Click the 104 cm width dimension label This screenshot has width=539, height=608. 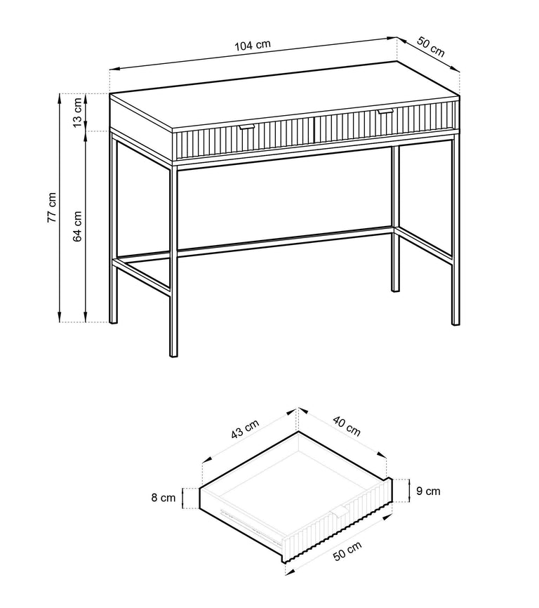coord(252,45)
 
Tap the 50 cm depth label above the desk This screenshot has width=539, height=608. coord(430,46)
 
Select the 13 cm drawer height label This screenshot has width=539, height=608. coord(77,112)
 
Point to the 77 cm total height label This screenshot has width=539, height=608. coord(52,207)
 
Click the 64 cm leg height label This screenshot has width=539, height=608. coord(77,227)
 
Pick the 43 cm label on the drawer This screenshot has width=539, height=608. coord(245,429)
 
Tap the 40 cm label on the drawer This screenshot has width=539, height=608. coord(347,426)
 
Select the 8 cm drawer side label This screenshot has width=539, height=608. coord(163,498)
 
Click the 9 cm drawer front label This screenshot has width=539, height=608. coord(428,491)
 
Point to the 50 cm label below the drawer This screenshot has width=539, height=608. coord(347,551)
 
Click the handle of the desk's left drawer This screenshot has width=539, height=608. coord(246,127)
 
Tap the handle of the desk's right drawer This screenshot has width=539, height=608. coord(385,112)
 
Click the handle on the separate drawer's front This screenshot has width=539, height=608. coord(340,512)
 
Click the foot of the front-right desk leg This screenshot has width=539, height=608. coord(455,321)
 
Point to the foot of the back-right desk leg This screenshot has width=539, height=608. coord(395,288)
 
